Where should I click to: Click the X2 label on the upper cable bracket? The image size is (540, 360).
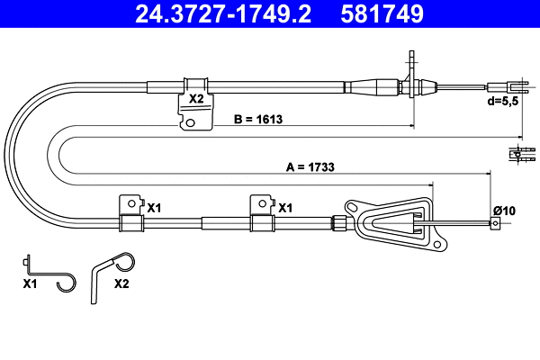[x=194, y=99]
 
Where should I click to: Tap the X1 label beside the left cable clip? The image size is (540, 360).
[x=154, y=207]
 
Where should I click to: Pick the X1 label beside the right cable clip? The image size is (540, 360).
[x=285, y=207]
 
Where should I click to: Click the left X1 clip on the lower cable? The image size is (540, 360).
[x=131, y=215]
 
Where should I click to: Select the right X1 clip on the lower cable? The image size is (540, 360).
[x=262, y=215]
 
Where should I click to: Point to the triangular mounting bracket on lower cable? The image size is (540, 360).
[x=396, y=221]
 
